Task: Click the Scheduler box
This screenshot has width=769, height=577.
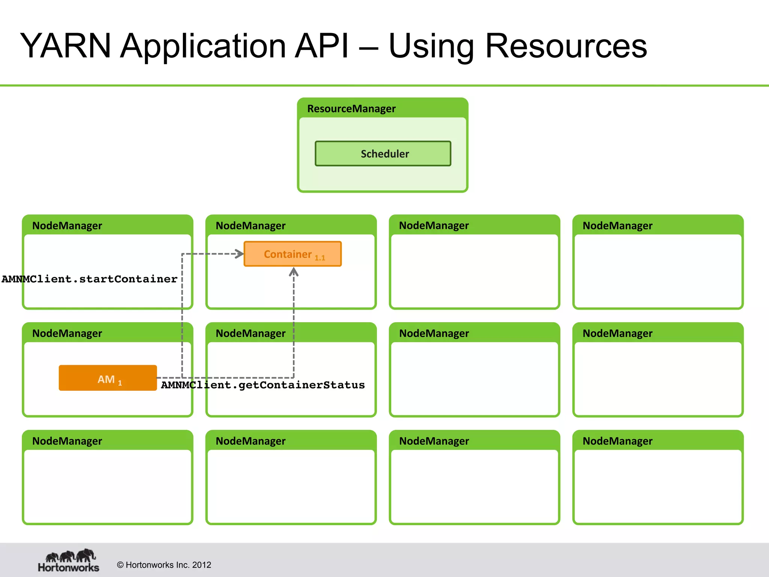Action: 383,153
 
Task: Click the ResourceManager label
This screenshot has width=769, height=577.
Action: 351,109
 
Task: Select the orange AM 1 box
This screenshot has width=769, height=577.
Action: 108,378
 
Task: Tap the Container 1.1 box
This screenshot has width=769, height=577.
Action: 293,254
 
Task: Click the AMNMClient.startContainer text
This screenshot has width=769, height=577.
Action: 89,279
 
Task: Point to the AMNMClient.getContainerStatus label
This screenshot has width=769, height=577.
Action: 263,385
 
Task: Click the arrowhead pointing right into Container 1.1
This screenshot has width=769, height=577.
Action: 239,254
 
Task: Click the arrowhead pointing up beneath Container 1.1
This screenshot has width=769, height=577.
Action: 294,272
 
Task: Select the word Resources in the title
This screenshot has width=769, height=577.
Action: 566,46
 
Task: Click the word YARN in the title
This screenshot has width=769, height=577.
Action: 65,46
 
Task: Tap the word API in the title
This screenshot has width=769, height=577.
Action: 322,46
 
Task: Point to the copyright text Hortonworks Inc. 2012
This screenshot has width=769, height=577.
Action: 164,565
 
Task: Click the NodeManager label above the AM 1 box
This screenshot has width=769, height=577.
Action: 67,333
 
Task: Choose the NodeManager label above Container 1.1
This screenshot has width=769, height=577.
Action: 250,225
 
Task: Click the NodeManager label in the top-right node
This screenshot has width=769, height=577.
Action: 617,225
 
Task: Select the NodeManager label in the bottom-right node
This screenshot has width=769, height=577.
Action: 617,441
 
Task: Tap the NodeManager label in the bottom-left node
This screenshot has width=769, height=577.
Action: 67,441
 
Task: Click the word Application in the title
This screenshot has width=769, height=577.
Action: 203,46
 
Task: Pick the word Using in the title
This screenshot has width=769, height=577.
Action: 431,46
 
